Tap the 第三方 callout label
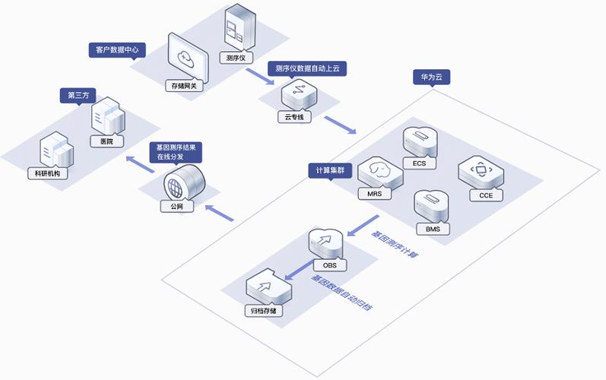click(x=78, y=96)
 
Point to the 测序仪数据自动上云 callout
click(x=307, y=68)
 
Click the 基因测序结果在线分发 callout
click(x=175, y=152)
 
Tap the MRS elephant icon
click(x=375, y=173)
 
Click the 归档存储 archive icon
click(x=265, y=287)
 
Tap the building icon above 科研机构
click(x=56, y=150)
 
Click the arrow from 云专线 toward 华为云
click(x=339, y=125)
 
